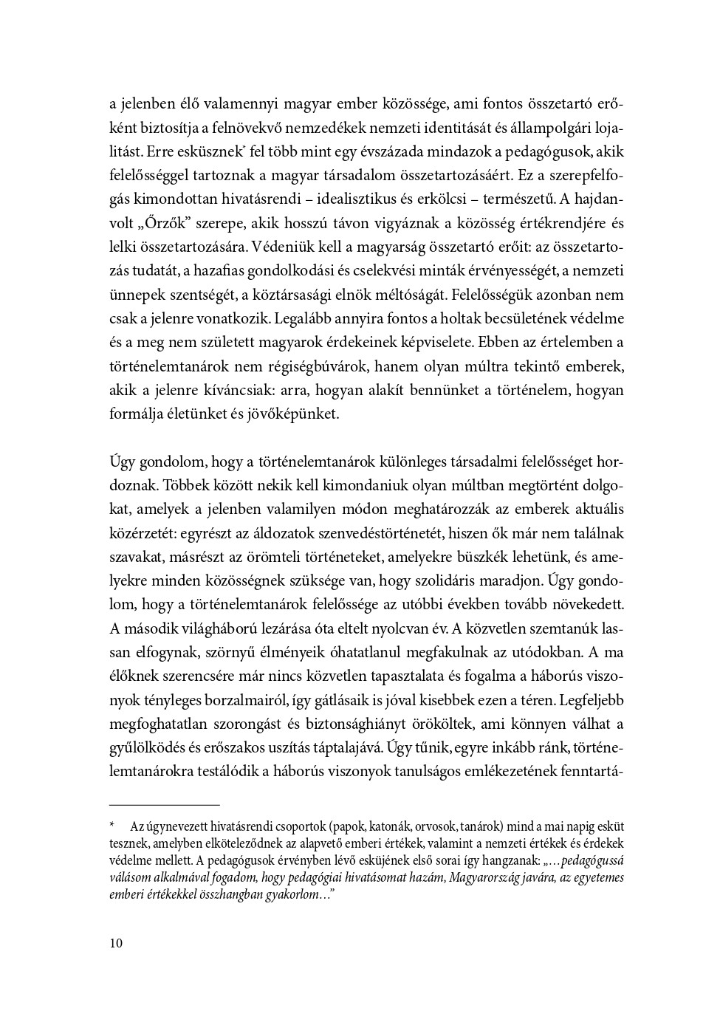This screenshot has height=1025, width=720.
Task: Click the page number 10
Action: tap(115, 943)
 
